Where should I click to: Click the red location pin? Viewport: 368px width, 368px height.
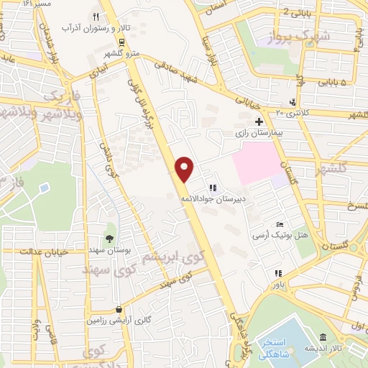(x=185, y=168)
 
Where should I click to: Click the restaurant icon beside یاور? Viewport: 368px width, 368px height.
(x=277, y=272)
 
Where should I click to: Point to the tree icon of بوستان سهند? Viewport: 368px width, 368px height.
(x=109, y=239)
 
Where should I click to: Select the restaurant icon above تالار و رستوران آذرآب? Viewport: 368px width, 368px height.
(x=96, y=17)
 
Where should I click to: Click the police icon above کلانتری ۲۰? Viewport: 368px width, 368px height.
(x=292, y=101)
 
